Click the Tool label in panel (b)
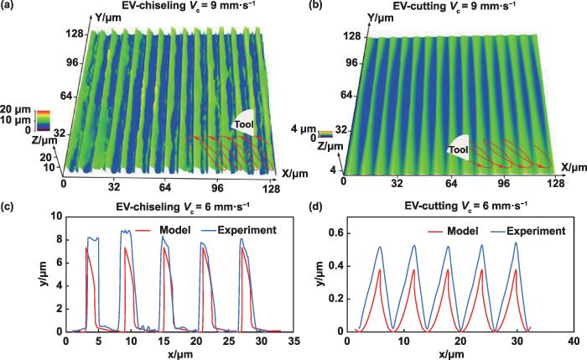click(459, 150)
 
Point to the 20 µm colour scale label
click(16, 108)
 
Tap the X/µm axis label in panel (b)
click(572, 166)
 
